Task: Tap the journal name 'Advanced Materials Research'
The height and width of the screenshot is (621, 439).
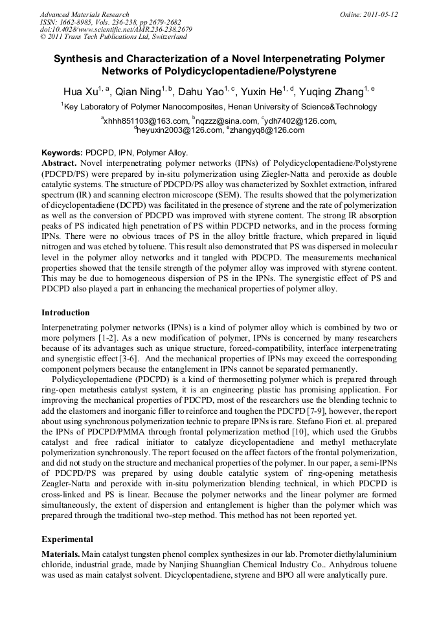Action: tap(84, 14)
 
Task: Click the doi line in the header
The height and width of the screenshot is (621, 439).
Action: tap(116, 30)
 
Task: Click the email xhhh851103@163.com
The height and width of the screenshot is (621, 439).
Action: tap(145, 121)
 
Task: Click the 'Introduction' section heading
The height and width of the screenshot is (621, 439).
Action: tap(65, 312)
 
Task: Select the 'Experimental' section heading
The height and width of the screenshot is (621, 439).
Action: tap(67, 539)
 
